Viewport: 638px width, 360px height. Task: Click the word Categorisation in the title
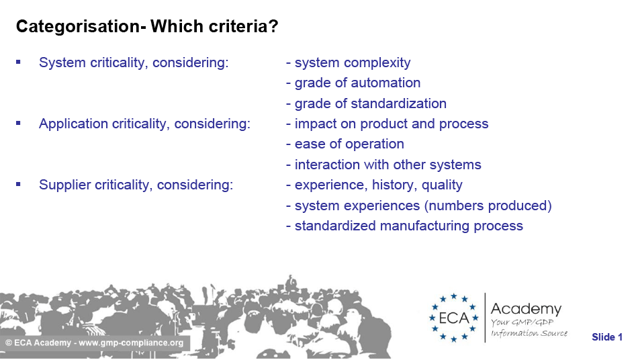click(x=78, y=26)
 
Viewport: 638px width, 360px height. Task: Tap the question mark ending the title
click(x=273, y=26)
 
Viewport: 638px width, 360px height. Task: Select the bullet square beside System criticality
click(x=18, y=62)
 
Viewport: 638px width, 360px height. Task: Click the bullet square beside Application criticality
click(x=18, y=124)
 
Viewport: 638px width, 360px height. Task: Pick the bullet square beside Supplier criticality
click(x=18, y=184)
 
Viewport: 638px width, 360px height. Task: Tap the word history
click(x=394, y=185)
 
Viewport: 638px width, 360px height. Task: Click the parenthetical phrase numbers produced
click(x=488, y=206)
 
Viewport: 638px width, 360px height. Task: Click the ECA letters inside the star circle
click(x=454, y=318)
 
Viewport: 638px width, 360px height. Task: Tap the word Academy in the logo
click(x=526, y=309)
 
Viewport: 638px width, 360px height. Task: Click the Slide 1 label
click(x=607, y=336)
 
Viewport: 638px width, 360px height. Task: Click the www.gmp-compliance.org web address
click(x=131, y=343)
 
